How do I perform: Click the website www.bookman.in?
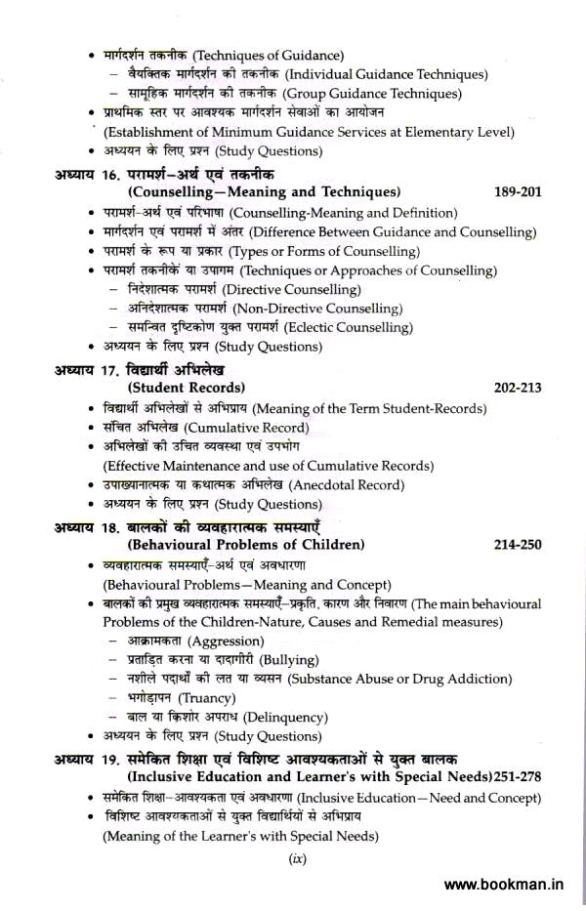504,886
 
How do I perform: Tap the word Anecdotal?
330,485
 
